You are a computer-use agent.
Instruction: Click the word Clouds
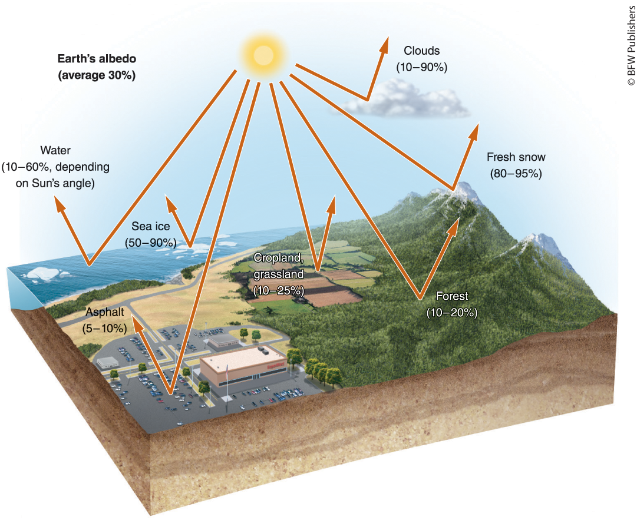(x=421, y=51)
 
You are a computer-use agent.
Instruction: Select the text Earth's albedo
(x=96, y=59)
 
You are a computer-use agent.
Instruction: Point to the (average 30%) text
(x=97, y=75)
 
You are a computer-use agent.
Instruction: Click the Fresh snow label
(x=516, y=158)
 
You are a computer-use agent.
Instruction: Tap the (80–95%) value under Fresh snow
(x=516, y=174)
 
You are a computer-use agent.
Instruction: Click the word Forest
(x=451, y=297)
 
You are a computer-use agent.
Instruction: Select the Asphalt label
(x=104, y=312)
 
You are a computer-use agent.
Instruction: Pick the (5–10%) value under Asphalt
(x=104, y=327)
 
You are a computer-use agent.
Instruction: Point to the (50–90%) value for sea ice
(x=151, y=242)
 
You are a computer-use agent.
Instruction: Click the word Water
(x=55, y=151)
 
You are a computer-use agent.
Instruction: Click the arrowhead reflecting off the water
(x=59, y=204)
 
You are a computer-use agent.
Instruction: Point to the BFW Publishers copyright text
(x=629, y=44)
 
